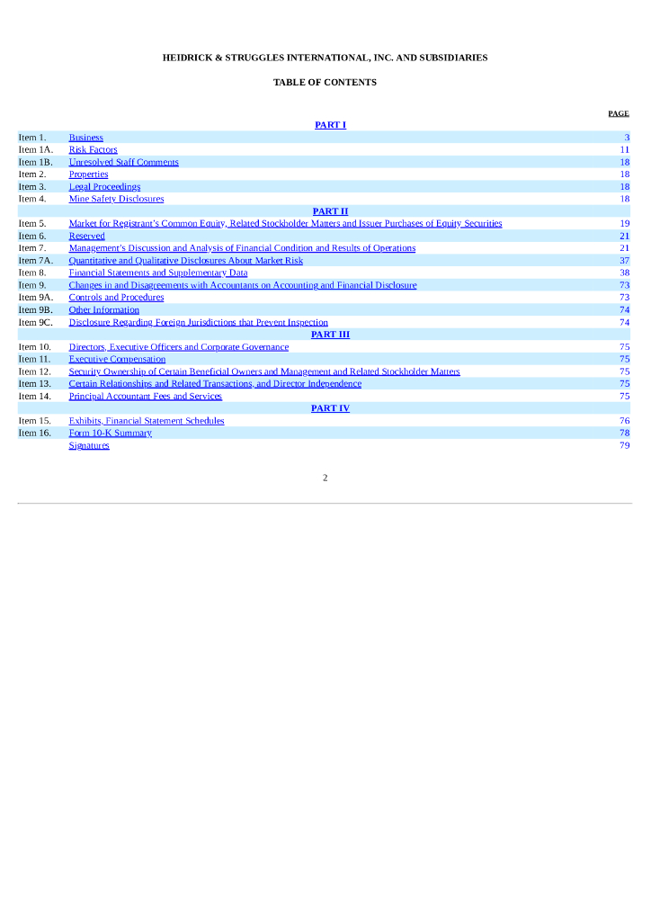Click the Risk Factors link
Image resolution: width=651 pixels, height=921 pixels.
point(93,150)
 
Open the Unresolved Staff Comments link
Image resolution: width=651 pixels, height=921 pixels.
point(123,163)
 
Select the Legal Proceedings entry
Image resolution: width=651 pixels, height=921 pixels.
point(104,187)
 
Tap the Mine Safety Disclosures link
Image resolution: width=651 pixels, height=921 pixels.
point(116,199)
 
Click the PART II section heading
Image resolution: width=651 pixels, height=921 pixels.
point(330,211)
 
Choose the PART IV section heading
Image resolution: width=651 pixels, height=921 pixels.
point(330,408)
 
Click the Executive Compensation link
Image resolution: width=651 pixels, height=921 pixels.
point(117,359)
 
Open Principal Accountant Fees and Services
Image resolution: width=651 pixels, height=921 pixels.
point(145,396)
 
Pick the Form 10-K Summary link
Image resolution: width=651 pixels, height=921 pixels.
point(110,433)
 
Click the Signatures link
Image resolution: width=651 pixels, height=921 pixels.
point(89,445)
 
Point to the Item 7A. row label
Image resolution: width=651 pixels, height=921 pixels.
point(36,261)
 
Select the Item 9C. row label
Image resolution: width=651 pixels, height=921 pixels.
point(36,322)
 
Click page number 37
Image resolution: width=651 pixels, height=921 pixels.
point(624,261)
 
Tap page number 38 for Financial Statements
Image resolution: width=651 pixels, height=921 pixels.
point(624,273)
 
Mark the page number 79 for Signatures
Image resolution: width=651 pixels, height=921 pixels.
point(624,445)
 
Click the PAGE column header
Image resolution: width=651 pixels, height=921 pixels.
point(618,114)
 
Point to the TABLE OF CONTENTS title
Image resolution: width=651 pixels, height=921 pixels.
point(325,83)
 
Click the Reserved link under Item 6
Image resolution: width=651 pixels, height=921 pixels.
point(86,236)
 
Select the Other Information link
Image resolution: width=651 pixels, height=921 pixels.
point(103,310)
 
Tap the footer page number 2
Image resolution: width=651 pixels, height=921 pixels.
point(325,478)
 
